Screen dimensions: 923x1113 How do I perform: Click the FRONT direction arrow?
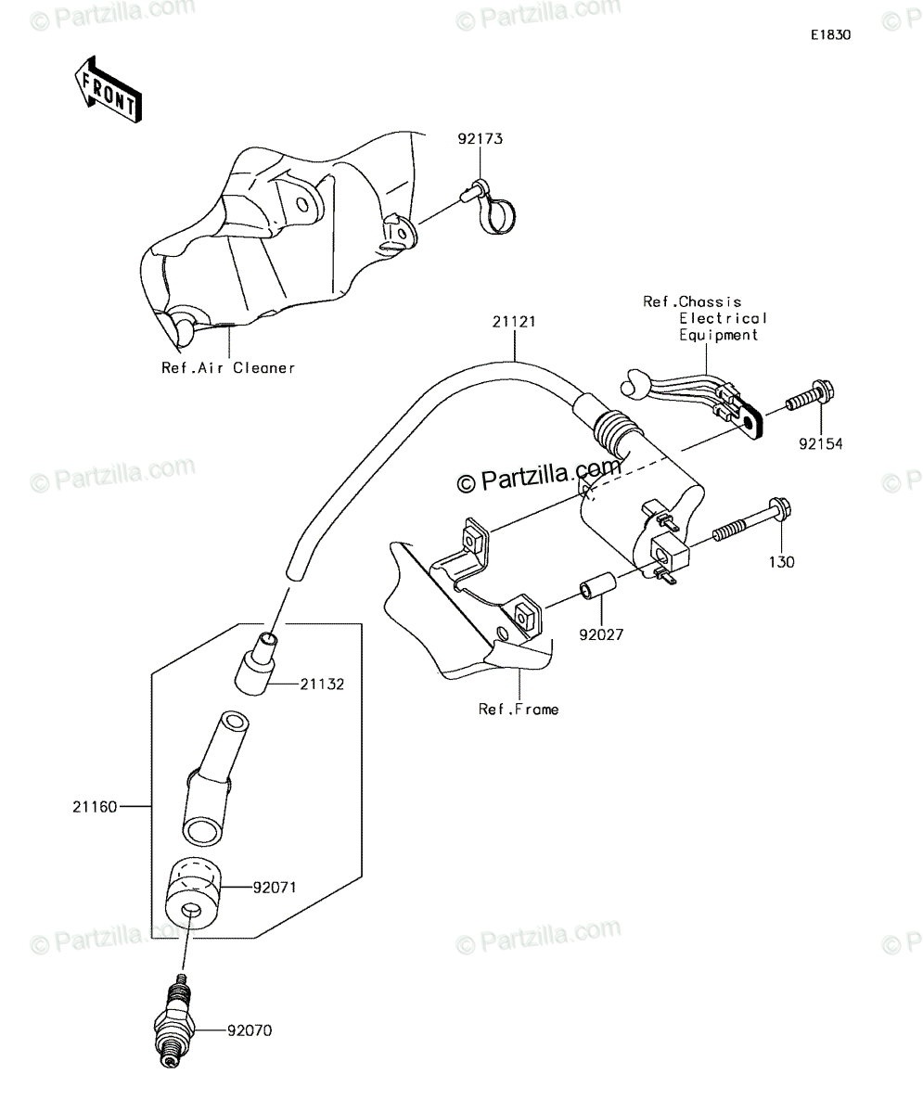[109, 90]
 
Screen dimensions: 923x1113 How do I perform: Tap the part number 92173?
[480, 138]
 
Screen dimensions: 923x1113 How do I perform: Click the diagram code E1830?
[831, 35]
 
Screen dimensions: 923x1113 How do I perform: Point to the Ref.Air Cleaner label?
[228, 368]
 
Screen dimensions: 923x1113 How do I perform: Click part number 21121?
[514, 322]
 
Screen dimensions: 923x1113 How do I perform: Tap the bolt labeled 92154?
[810, 398]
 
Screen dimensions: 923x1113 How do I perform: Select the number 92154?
[821, 443]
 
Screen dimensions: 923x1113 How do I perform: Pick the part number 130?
[782, 562]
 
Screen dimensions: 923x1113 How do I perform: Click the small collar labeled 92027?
[597, 585]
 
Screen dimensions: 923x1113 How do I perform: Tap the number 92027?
[601, 634]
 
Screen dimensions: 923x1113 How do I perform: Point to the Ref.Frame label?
[519, 710]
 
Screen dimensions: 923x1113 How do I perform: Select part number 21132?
[322, 684]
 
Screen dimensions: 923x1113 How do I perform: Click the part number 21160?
[95, 807]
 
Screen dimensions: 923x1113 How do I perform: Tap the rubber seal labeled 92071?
[193, 892]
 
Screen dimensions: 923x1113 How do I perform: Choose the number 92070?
[250, 1030]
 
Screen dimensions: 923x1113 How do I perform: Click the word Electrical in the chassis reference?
[723, 318]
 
